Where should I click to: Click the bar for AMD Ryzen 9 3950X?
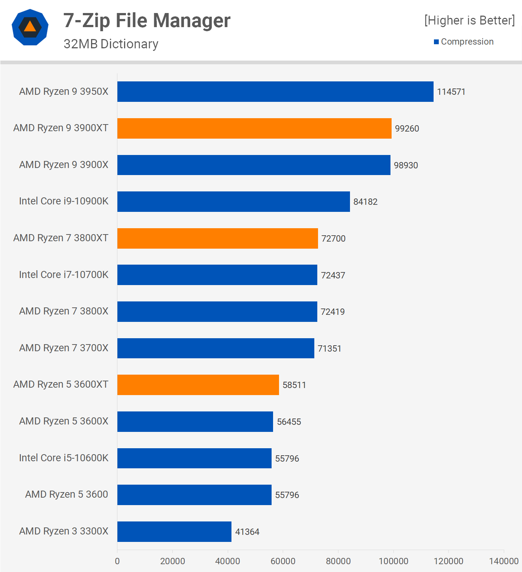click(275, 91)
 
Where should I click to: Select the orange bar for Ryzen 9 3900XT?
click(254, 128)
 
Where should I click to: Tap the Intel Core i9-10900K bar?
click(233, 201)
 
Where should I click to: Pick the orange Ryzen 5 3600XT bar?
click(198, 385)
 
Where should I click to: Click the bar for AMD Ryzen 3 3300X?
click(174, 531)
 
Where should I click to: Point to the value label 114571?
click(451, 92)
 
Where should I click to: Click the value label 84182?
click(365, 202)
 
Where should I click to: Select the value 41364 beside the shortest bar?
click(247, 532)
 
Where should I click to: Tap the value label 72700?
click(333, 239)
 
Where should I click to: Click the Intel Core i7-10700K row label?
click(64, 275)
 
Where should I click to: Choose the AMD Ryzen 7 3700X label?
click(64, 348)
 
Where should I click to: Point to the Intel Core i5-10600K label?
click(64, 458)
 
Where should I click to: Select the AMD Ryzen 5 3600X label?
click(64, 421)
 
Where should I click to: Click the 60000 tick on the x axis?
click(283, 561)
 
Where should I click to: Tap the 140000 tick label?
click(503, 561)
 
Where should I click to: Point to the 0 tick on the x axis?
click(117, 561)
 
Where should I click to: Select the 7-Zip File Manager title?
click(147, 20)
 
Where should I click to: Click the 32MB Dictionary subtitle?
click(111, 44)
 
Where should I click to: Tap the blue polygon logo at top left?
click(30, 27)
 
